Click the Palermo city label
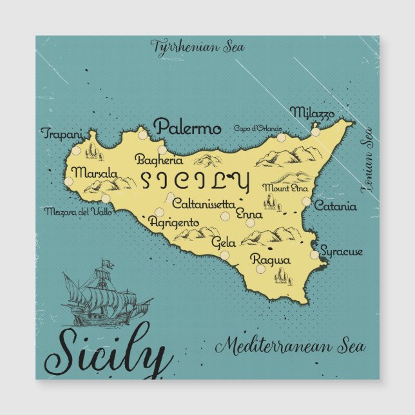(x=188, y=127)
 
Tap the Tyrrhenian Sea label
(x=197, y=46)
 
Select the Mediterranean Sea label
(x=290, y=347)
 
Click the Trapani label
(x=63, y=134)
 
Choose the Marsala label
(x=95, y=173)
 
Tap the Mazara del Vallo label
(x=78, y=211)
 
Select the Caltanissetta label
(x=203, y=204)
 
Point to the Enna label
(x=249, y=213)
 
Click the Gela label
(x=223, y=244)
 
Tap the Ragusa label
(x=271, y=260)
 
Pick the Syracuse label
(x=342, y=251)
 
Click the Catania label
(x=335, y=207)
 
